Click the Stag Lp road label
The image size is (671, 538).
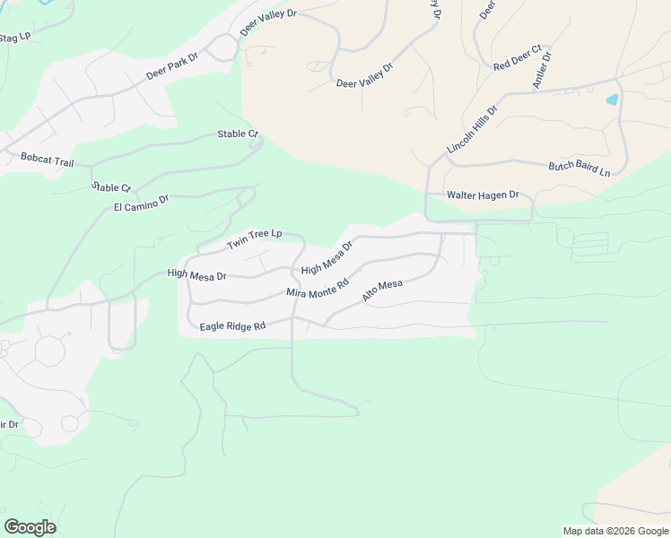point(14,38)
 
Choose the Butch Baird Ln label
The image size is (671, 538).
point(579,169)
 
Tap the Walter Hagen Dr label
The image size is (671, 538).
point(484,195)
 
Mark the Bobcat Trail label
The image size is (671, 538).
point(47,159)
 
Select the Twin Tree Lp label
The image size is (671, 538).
point(254,239)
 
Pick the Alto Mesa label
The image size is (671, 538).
point(382,291)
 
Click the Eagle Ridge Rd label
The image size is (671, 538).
point(233,326)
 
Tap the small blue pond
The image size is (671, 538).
point(613,100)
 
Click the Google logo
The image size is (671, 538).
point(30,527)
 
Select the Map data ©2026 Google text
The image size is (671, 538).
point(615,531)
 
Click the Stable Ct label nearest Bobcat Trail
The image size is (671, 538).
point(111,187)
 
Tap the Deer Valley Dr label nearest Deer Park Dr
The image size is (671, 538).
point(267,24)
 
